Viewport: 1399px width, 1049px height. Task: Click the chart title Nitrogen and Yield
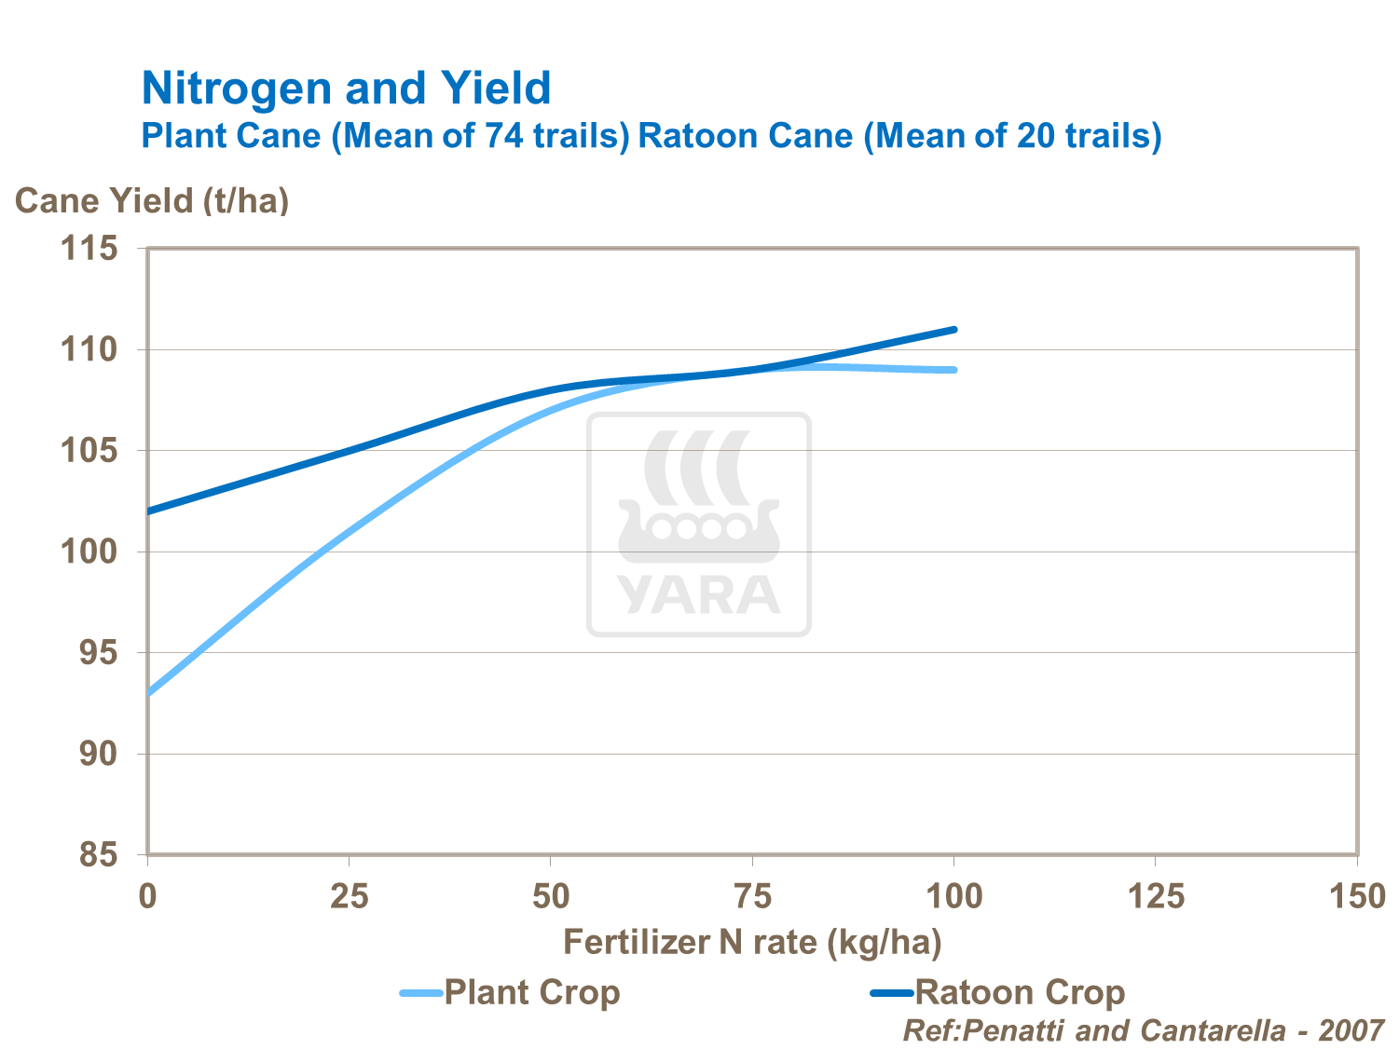point(346,89)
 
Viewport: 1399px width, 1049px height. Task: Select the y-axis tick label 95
point(99,653)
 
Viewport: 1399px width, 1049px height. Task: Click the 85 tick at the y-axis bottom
point(99,855)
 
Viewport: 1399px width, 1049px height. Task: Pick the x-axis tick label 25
point(350,897)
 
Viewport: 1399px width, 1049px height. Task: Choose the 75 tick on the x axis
point(752,897)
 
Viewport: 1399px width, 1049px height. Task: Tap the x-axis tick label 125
point(1156,897)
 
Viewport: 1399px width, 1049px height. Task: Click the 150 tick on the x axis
point(1357,897)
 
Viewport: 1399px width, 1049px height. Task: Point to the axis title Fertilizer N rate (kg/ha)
point(752,943)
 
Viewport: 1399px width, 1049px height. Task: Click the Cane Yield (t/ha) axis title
point(152,200)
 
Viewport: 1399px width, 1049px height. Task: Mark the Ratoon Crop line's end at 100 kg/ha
point(954,329)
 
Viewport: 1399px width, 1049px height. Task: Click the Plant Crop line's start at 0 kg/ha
point(149,693)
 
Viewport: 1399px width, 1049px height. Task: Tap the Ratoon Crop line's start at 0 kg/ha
point(149,511)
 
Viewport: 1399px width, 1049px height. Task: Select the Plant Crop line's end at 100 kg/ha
point(954,370)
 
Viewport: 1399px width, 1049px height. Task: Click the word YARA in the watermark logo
point(698,594)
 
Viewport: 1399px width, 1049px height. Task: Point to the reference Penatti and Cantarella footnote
point(1144,1030)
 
